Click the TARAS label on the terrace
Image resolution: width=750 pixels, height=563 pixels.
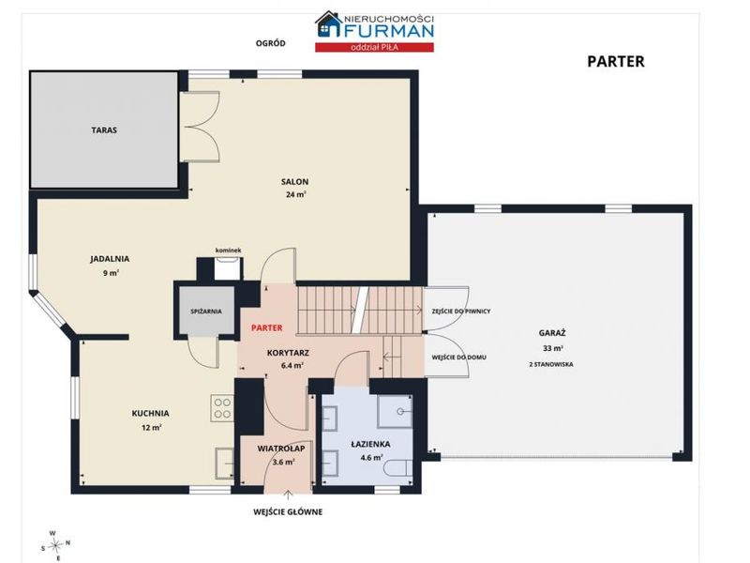[x=104, y=130]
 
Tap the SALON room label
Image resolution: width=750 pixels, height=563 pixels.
[x=294, y=182]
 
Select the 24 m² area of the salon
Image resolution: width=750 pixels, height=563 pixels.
[x=296, y=194]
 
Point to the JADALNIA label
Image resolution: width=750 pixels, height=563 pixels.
[x=110, y=259]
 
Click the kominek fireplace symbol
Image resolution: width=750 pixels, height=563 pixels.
[x=228, y=268]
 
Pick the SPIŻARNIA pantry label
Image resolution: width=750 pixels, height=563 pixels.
[x=206, y=312]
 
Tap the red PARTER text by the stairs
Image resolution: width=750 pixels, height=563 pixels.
[x=267, y=327]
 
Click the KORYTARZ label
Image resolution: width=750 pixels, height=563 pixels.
[x=288, y=354]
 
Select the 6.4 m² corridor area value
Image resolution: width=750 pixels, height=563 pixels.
[x=292, y=366]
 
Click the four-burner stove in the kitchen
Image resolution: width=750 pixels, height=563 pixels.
[x=222, y=408]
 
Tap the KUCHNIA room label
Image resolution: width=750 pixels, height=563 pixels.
[x=151, y=413]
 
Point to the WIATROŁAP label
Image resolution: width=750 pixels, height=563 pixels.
[x=280, y=449]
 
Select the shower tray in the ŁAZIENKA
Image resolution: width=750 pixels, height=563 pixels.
[x=395, y=411]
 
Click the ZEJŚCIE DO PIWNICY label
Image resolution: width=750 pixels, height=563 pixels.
[x=461, y=312]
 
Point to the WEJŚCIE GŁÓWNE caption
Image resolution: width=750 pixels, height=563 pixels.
[x=288, y=512]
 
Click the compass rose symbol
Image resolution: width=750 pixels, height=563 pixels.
[x=56, y=544]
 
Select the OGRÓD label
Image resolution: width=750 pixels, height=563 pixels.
[x=271, y=43]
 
